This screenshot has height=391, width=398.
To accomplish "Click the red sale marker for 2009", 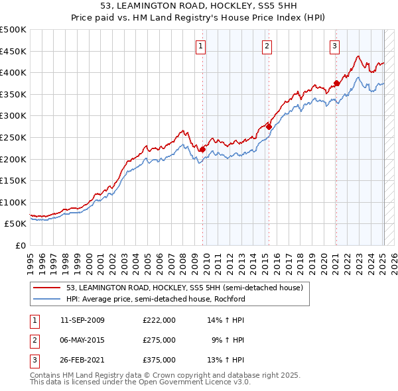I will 202,150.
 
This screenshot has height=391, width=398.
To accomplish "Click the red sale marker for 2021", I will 337,84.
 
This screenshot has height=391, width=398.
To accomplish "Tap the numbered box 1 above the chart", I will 200,46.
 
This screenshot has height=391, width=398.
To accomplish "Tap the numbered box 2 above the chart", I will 267,46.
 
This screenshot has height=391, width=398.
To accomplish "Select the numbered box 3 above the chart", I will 334,46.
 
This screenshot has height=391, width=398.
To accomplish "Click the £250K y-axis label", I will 13,137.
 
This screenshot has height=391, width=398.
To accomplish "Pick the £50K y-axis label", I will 16,224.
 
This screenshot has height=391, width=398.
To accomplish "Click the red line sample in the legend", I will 48,288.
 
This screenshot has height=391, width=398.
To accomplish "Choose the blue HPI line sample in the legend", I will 48,298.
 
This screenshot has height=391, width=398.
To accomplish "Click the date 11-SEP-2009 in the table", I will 82,320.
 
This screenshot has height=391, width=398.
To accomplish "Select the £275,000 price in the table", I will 159,340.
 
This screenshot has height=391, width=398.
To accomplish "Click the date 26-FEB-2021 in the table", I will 82,360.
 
